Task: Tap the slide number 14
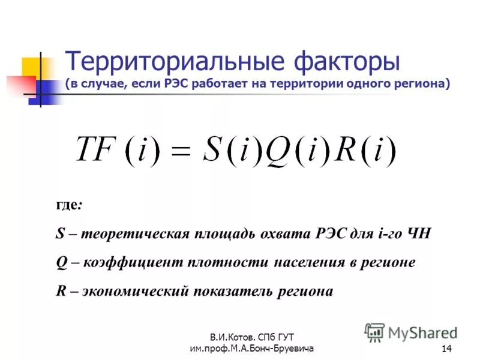click(x=446, y=350)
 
